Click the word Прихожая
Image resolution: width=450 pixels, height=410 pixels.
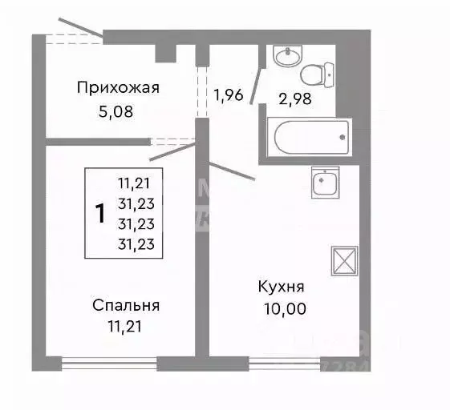point(119,88)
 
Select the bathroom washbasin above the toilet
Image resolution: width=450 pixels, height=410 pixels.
point(285,55)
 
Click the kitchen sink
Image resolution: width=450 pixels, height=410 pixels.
point(325,182)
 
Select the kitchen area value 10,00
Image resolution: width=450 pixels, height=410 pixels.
point(282,307)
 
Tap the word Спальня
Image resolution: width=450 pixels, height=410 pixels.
point(126,305)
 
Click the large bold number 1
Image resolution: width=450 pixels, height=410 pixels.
point(100,214)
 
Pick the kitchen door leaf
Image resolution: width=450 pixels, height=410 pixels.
point(233,171)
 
